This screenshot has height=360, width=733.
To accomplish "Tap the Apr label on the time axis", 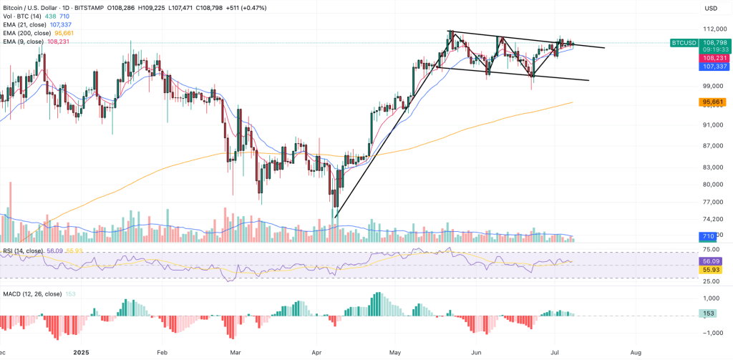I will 318,353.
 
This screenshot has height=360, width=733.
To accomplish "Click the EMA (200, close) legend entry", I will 27,33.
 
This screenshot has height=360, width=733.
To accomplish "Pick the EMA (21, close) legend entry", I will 25,24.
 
